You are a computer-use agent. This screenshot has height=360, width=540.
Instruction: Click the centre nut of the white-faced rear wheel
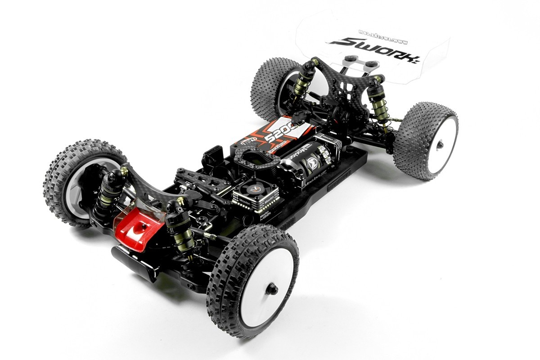[x=440, y=144]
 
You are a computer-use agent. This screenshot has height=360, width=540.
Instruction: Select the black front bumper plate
[x=135, y=261]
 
